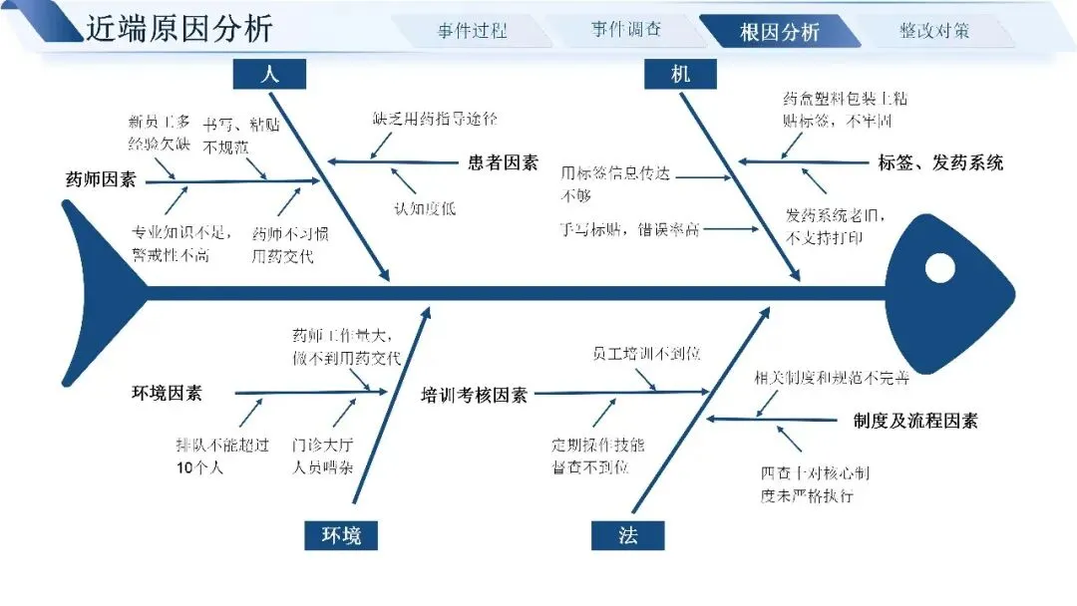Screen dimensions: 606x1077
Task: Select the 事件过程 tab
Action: (x=472, y=30)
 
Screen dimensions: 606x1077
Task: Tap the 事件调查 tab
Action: (x=625, y=30)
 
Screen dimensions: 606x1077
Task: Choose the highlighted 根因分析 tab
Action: (x=779, y=32)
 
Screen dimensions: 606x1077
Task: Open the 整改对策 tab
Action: (x=933, y=30)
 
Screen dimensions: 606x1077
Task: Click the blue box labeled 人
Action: (x=269, y=74)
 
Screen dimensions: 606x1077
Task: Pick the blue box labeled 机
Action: (x=680, y=74)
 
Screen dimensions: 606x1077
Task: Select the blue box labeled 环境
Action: (x=341, y=536)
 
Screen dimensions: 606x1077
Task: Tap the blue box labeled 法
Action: (x=628, y=536)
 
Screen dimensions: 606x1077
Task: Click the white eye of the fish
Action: (x=939, y=268)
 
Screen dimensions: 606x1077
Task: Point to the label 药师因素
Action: (x=101, y=180)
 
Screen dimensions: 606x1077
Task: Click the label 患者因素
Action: (x=503, y=162)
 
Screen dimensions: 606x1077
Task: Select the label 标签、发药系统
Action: (x=940, y=162)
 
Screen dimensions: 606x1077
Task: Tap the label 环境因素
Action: (x=167, y=393)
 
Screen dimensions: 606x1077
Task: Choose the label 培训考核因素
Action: (x=474, y=395)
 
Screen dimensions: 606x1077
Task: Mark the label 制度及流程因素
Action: (x=915, y=421)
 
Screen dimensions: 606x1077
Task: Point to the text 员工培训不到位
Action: (x=646, y=354)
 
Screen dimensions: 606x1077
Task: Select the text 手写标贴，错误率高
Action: (x=629, y=229)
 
